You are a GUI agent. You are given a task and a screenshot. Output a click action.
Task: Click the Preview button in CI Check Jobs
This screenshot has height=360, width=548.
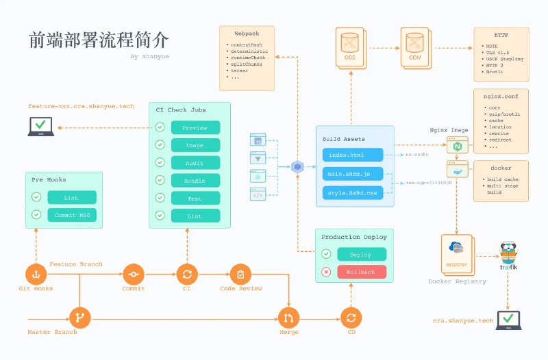195,128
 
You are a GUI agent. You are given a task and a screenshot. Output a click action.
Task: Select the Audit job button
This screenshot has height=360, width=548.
195,164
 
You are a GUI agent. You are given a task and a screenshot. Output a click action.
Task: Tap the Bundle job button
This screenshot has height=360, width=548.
195,181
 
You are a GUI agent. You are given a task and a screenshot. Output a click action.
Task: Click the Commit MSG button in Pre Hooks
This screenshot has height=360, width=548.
72,216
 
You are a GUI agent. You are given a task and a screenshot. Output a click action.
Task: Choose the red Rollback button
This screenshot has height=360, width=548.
362,272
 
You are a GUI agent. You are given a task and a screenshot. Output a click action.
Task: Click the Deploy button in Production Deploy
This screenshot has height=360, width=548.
362,254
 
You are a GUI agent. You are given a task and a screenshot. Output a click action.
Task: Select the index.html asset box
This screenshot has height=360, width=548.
358,155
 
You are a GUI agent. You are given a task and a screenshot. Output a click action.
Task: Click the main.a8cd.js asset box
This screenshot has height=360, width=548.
358,175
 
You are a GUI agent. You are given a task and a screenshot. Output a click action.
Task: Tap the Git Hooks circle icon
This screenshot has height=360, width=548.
36,274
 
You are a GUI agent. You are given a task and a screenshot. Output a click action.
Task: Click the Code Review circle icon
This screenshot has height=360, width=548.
240,274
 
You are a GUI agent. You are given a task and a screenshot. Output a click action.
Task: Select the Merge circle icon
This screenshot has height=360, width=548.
288,318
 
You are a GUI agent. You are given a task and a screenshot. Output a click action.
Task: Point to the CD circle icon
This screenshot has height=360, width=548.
351,318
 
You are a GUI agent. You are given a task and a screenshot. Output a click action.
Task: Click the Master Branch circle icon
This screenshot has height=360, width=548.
80,318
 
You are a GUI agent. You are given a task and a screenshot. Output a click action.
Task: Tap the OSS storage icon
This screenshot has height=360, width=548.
350,45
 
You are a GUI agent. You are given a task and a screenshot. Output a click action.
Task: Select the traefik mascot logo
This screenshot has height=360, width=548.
508,255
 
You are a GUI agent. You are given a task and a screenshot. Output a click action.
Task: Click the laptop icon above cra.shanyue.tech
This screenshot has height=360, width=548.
508,320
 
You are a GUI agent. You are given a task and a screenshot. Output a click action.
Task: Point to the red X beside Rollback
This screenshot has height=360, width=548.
326,272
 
